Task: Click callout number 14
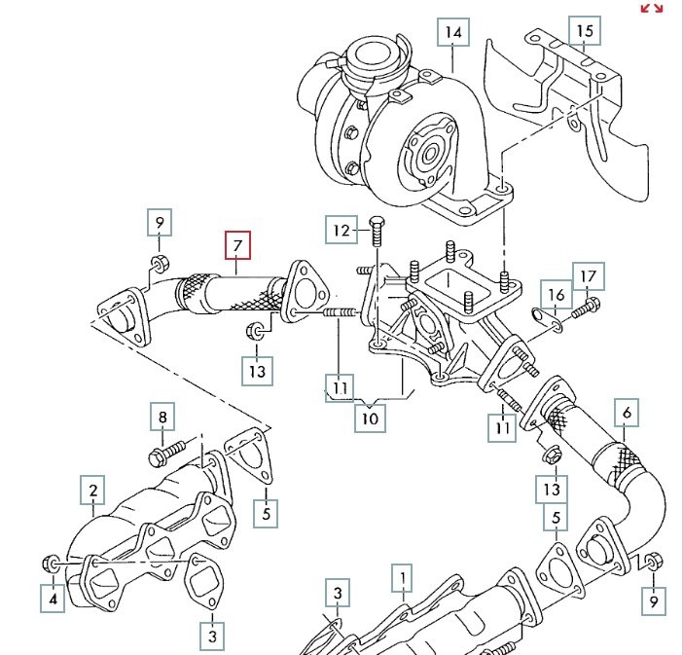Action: click(452, 32)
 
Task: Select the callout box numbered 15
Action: click(584, 31)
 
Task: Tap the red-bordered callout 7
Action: click(237, 244)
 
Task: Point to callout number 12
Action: click(341, 231)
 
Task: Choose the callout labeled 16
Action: click(556, 293)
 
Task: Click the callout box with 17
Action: click(588, 277)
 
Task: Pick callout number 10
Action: click(369, 418)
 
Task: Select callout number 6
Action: click(628, 414)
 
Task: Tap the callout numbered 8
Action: click(163, 419)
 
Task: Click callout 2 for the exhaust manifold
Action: click(93, 491)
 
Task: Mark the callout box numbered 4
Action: click(54, 599)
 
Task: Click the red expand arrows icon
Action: click(651, 9)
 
